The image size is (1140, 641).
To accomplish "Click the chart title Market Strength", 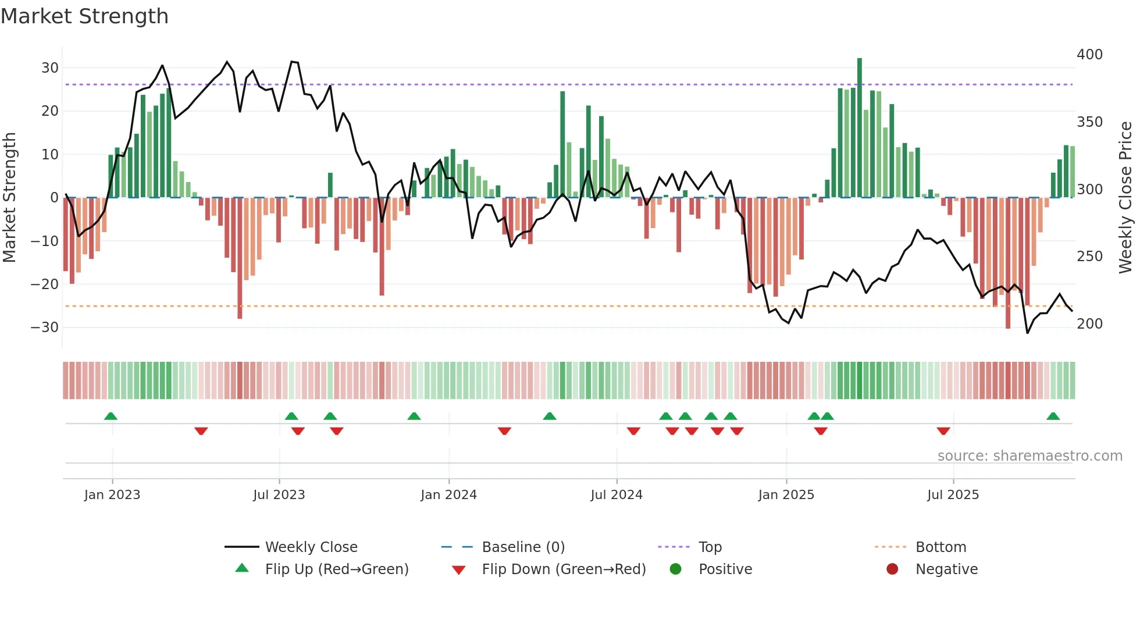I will click(84, 16).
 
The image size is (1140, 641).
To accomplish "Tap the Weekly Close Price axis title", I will click(1126, 197).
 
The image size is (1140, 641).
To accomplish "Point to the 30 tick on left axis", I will click(50, 67).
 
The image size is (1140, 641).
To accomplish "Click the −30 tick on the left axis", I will click(45, 327).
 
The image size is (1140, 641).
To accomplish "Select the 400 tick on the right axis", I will click(1089, 54).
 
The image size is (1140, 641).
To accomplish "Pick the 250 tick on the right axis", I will click(1089, 256).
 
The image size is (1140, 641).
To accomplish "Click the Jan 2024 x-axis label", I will click(448, 495).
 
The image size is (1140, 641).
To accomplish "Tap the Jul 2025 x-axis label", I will click(953, 495).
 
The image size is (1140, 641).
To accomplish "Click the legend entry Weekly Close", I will click(311, 547).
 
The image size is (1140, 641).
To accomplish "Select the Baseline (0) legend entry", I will click(523, 547).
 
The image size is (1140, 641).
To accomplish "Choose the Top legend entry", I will click(710, 547).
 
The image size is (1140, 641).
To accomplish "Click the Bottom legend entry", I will click(940, 547).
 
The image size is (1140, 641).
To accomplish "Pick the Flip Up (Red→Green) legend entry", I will click(336, 569).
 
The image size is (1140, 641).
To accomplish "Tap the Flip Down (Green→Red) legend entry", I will click(564, 569).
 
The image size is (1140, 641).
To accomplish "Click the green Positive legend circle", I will click(675, 569).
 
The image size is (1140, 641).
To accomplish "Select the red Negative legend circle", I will click(892, 569).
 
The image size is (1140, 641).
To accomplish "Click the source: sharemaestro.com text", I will click(1029, 456).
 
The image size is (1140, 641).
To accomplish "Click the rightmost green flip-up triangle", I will click(1053, 416).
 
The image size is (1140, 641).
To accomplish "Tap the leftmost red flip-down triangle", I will click(201, 431).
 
